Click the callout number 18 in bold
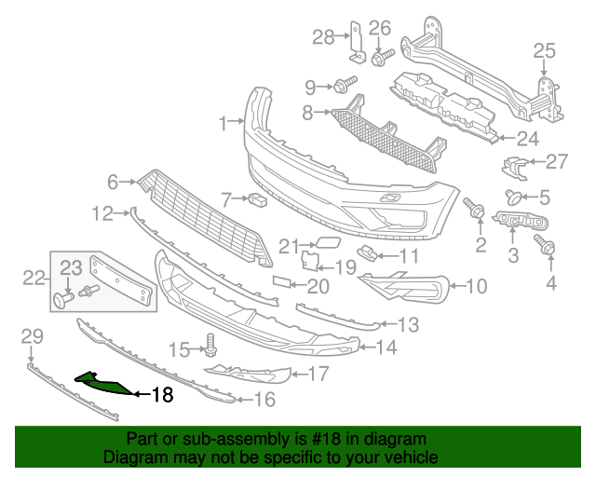pos(162,394)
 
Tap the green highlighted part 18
pos(105,382)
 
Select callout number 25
pos(543,50)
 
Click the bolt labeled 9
pos(342,86)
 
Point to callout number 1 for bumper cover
pos(223,122)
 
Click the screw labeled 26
pos(380,57)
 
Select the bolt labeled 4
pos(545,247)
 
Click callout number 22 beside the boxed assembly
pos(34,277)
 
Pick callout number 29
pos(32,335)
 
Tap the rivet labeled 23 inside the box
pos(64,299)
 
